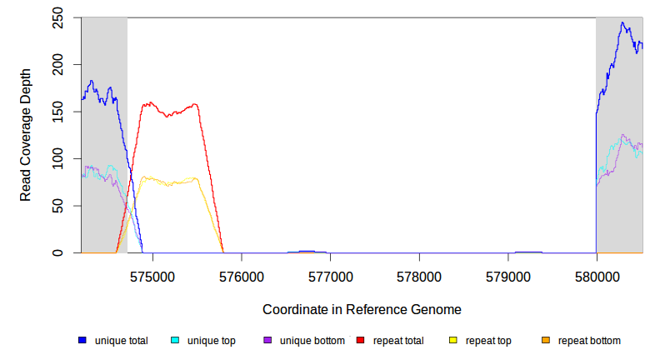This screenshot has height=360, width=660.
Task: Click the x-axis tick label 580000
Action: point(597,274)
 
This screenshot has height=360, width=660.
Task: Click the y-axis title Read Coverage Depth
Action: point(26,135)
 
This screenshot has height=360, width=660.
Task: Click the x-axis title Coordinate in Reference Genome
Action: point(362,309)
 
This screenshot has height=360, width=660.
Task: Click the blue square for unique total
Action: point(82,341)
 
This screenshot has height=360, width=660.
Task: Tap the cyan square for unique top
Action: point(175,341)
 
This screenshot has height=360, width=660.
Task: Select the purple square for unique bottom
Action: point(267,341)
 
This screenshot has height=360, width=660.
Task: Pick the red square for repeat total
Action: point(360,341)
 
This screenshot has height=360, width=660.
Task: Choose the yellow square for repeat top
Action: point(452,341)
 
